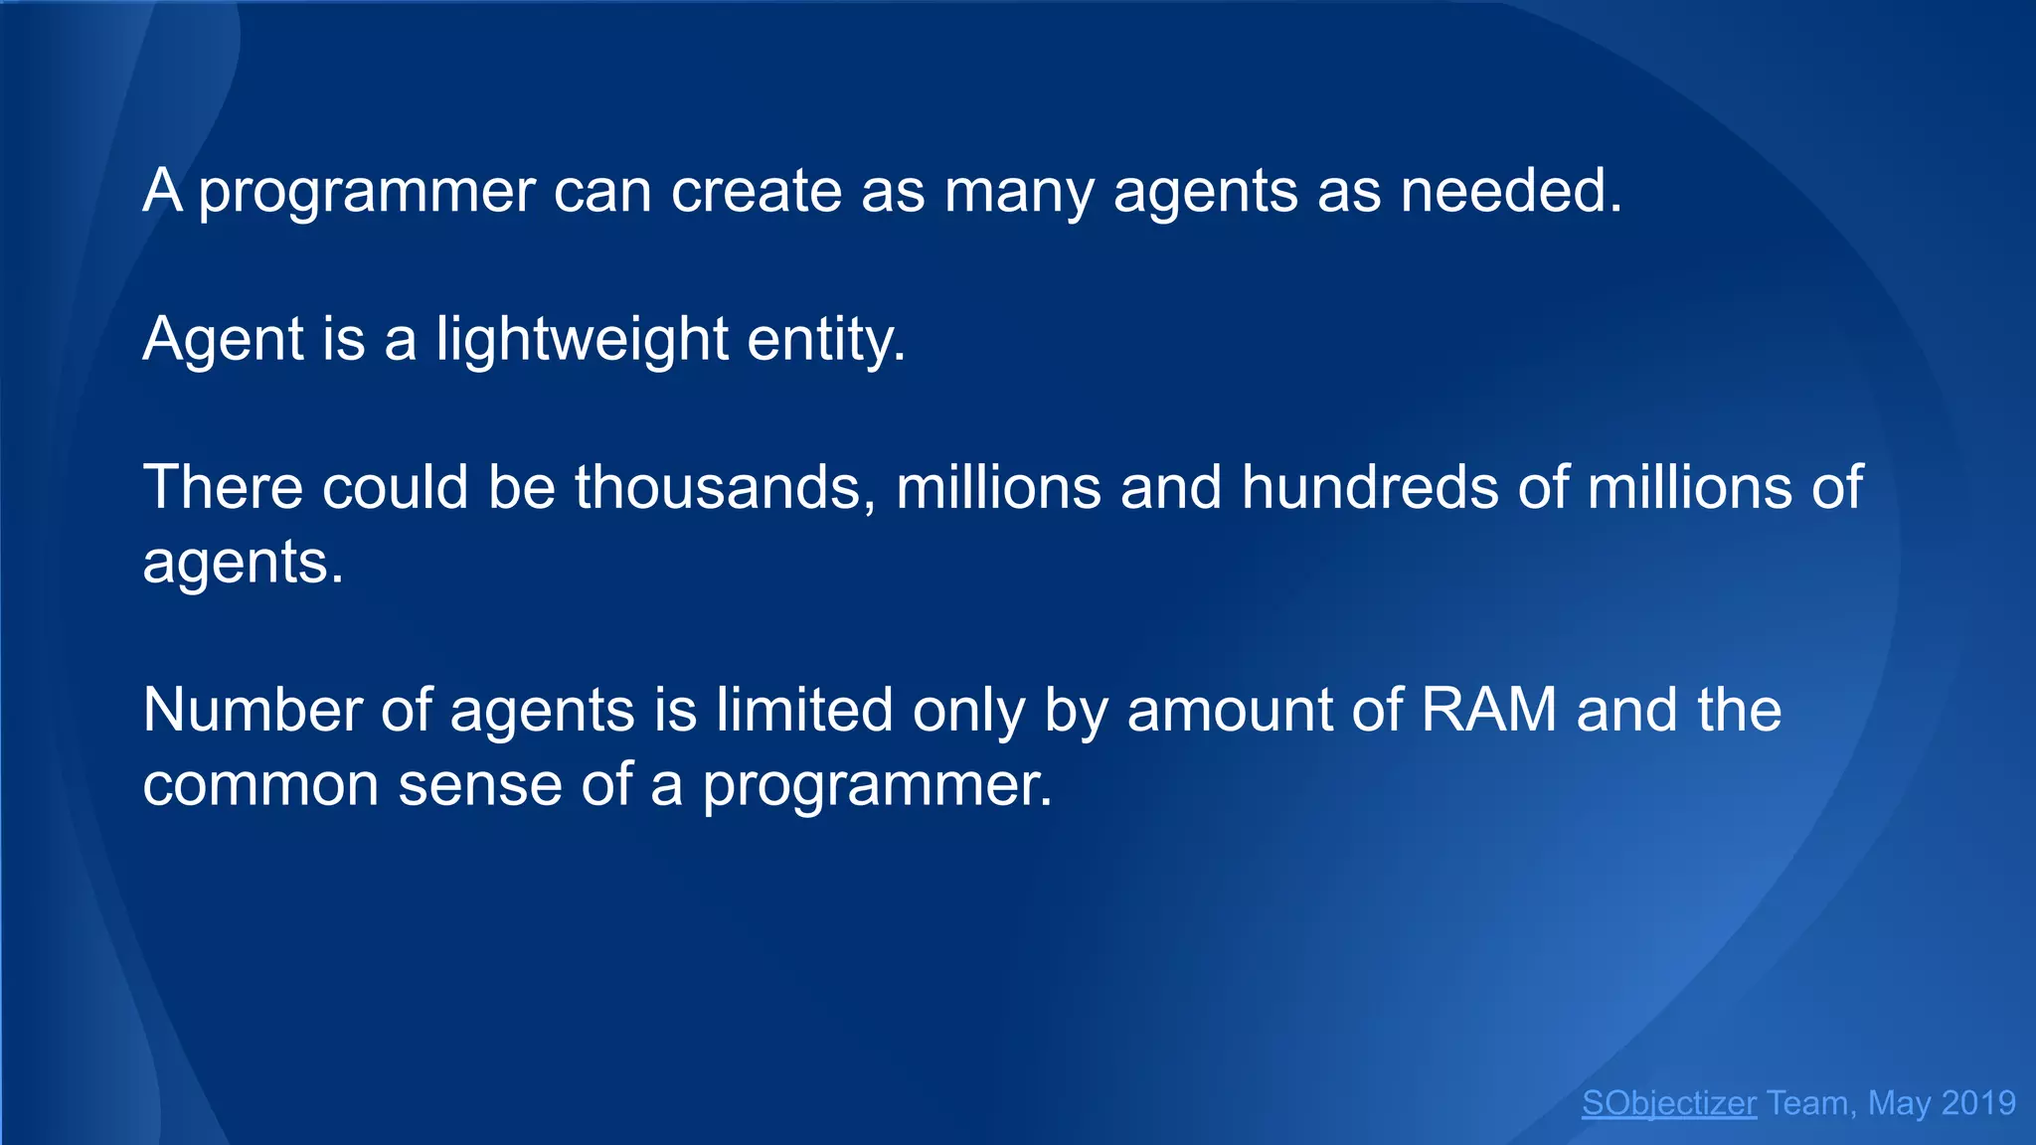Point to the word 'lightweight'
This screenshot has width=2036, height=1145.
(x=582, y=339)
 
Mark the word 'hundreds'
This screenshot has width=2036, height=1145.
(x=1370, y=487)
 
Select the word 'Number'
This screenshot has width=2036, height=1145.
(x=251, y=710)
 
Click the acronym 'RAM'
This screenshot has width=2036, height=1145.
(x=1488, y=710)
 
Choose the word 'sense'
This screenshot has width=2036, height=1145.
(x=480, y=784)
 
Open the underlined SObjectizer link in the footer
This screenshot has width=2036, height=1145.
(x=1669, y=1103)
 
